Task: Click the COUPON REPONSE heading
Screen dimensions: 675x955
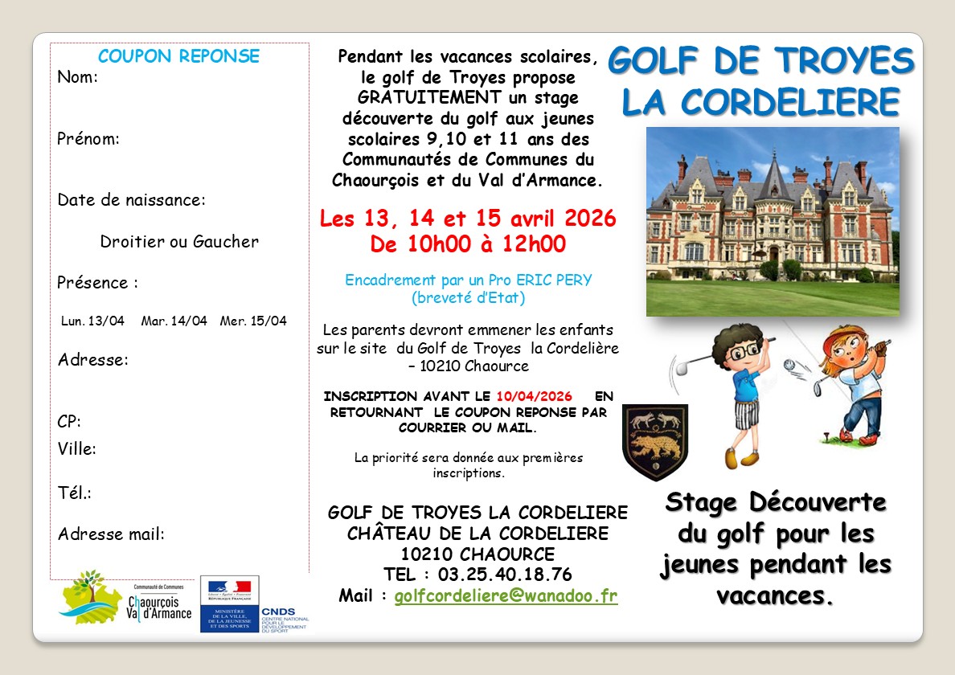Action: (x=178, y=56)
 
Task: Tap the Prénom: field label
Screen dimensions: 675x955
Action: (x=88, y=139)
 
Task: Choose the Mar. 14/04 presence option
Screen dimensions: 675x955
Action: (x=174, y=321)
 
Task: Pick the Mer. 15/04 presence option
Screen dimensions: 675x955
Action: (x=253, y=321)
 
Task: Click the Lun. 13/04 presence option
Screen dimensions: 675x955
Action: (x=93, y=321)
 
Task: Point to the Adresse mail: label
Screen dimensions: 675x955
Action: (x=111, y=534)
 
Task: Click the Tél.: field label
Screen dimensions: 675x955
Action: (x=75, y=493)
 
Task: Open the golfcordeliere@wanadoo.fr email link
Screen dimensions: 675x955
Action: (x=506, y=596)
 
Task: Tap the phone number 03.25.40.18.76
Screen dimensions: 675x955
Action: (x=505, y=575)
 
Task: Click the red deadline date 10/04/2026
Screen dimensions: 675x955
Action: (x=534, y=396)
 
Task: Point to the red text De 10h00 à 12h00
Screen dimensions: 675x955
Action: (x=468, y=243)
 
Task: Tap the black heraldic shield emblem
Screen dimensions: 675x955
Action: (x=655, y=441)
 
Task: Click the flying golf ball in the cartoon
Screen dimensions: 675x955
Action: (x=789, y=366)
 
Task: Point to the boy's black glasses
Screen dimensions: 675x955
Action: (x=747, y=351)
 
